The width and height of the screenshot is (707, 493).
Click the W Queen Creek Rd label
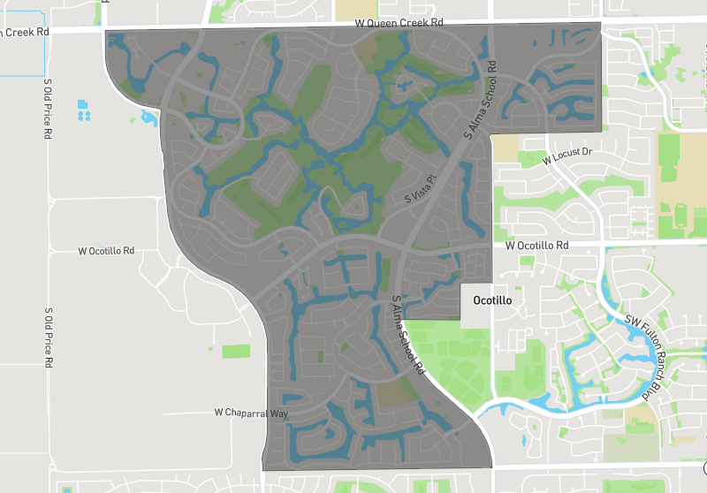tap(399, 24)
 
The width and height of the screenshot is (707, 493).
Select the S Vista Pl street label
tap(421, 189)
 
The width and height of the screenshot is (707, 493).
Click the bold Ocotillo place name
tap(493, 300)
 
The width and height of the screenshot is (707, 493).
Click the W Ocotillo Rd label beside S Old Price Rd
tap(106, 251)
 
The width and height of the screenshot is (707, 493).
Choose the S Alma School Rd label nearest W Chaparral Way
tap(408, 333)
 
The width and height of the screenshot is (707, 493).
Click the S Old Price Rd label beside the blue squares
tap(47, 110)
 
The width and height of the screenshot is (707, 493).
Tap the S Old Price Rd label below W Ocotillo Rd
tap(49, 338)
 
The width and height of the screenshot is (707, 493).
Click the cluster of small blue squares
tap(84, 111)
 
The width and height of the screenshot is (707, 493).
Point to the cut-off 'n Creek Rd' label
tap(25, 32)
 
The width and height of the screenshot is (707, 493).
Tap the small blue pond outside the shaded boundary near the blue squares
tap(148, 116)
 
